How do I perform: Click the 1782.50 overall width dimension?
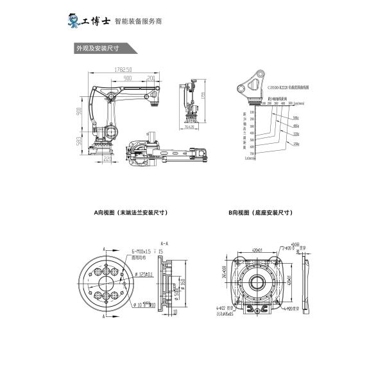(124, 69)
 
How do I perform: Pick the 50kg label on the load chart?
(295, 118)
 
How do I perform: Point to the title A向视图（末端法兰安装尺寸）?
(126, 212)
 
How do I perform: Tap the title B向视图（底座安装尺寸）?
(261, 212)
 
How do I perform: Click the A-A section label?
(164, 244)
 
